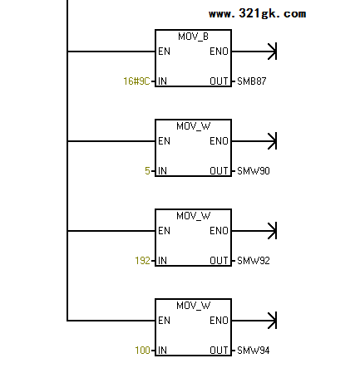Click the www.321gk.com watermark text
click(257, 13)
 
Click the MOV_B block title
click(193, 37)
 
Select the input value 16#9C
click(136, 81)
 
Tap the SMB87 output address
click(252, 81)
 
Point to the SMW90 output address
click(254, 171)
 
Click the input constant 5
click(147, 171)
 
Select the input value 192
click(142, 261)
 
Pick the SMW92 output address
click(254, 261)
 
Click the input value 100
click(142, 351)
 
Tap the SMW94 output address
click(254, 351)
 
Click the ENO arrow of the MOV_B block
click(254, 52)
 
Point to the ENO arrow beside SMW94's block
click(254, 321)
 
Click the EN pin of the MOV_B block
click(164, 52)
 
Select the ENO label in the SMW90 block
click(219, 141)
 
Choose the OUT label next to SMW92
click(219, 261)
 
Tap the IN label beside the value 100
click(162, 351)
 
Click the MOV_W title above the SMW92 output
click(193, 216)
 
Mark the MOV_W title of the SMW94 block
click(193, 306)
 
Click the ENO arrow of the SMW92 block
click(254, 231)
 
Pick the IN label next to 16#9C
click(162, 81)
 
